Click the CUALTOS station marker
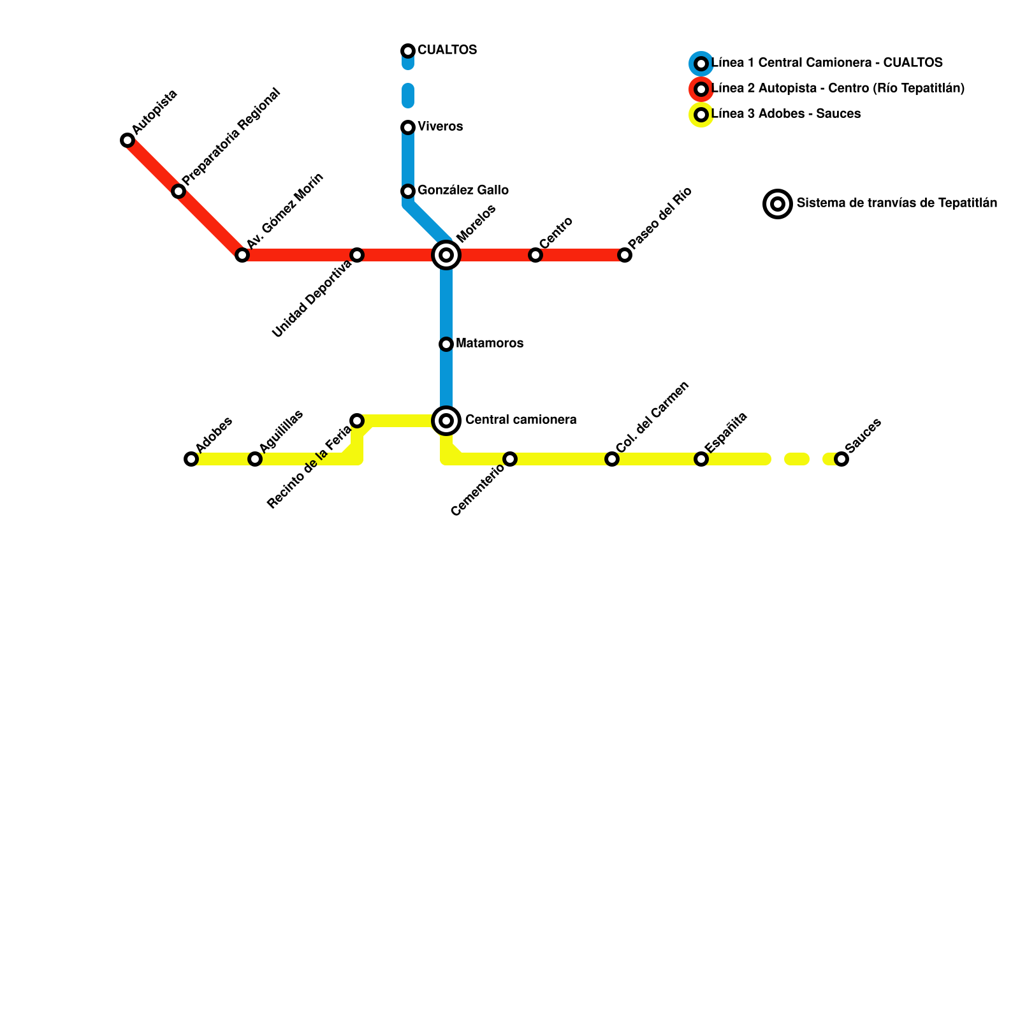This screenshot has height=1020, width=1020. point(408,51)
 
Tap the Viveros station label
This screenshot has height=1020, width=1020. point(440,127)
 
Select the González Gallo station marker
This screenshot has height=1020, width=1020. point(408,191)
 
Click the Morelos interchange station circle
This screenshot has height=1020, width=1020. point(446,255)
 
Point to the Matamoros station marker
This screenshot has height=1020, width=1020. point(446,344)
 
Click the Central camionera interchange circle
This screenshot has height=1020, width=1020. point(446,421)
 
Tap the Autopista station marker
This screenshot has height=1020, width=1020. point(127,140)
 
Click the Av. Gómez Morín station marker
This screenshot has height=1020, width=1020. point(242,255)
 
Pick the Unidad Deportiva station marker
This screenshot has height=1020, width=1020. point(357,255)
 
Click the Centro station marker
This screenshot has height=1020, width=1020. point(535,255)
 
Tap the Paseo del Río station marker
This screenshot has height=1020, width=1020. point(625,255)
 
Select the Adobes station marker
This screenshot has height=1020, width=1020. point(191,459)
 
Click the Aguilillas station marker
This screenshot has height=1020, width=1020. point(255,459)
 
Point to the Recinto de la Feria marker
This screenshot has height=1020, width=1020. point(357,421)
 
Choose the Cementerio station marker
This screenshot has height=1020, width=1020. point(510,459)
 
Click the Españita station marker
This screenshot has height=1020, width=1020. point(701,459)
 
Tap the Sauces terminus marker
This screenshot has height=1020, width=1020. point(841,459)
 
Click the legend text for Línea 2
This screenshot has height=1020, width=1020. point(838,89)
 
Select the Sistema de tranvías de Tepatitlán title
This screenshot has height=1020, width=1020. point(896,203)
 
